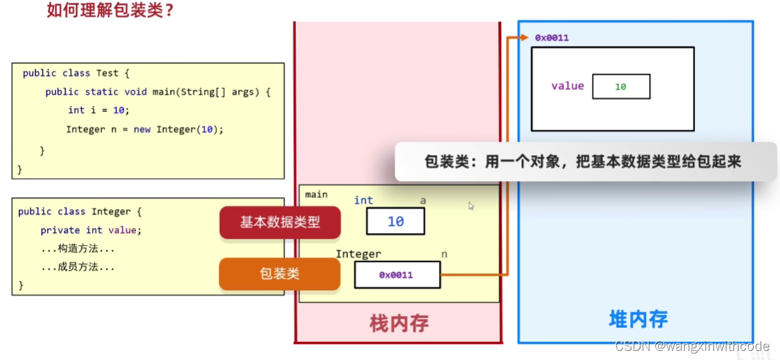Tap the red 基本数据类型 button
(x=280, y=222)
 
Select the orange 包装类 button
(x=279, y=273)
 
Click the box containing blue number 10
(x=395, y=221)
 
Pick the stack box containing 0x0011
(x=397, y=275)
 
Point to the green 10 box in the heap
(x=621, y=87)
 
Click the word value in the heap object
(x=567, y=86)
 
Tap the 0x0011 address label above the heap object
(x=552, y=37)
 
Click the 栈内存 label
(x=399, y=323)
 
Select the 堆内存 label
(x=638, y=319)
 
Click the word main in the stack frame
(x=316, y=194)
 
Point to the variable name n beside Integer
(x=444, y=254)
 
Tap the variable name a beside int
(x=423, y=201)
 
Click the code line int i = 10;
(x=99, y=110)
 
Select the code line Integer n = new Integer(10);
(x=144, y=130)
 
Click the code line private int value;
(x=91, y=230)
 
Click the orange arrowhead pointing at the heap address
(x=523, y=37)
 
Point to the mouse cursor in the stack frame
(x=471, y=206)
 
